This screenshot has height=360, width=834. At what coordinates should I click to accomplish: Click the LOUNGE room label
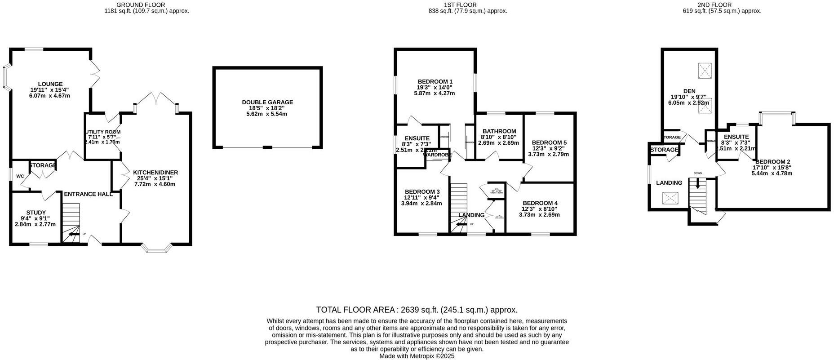[50, 84]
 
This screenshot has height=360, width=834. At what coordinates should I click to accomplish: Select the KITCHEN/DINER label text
[155, 173]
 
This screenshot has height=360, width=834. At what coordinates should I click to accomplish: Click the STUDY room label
[35, 213]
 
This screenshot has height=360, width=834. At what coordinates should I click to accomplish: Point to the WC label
[20, 176]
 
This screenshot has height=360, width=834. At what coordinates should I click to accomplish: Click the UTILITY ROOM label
[102, 132]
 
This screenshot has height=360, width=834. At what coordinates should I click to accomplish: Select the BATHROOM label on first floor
[499, 131]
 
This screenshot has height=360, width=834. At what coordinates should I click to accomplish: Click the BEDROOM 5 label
[550, 142]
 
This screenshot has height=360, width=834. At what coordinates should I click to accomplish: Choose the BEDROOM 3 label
[421, 192]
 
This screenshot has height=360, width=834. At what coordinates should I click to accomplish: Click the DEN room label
[689, 91]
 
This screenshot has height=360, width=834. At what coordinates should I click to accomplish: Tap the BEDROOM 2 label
[772, 162]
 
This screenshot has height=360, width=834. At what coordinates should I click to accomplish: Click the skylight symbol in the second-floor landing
[670, 198]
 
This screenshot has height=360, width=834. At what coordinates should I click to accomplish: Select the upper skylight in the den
[705, 71]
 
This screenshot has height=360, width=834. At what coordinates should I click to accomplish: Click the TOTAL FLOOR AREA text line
[417, 310]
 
